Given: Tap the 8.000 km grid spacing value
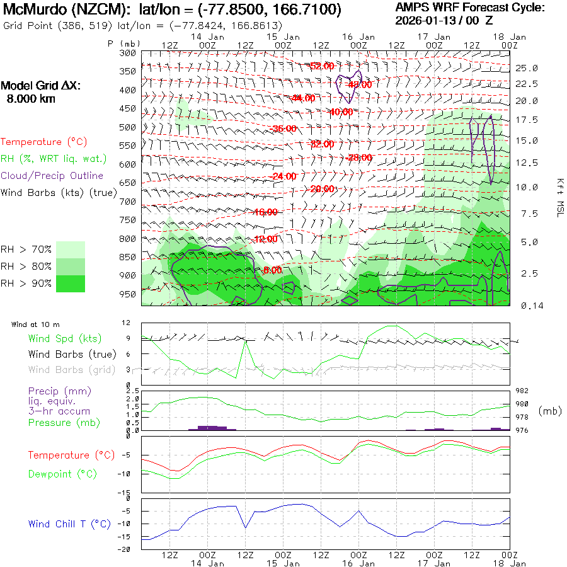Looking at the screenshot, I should (x=31, y=99).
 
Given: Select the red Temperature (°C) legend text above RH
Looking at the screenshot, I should (x=40, y=142).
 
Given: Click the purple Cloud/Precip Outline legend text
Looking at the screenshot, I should (x=52, y=176).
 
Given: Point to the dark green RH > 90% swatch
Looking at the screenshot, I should (x=71, y=283).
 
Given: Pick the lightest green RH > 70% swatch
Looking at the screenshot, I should (x=71, y=249).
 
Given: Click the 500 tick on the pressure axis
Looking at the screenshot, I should (x=128, y=127).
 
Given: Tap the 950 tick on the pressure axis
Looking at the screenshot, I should (x=128, y=294).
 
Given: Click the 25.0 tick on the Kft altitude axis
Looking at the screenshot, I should (x=527, y=68).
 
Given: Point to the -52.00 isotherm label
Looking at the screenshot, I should (x=321, y=66).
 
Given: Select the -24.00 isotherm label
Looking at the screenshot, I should (x=283, y=176).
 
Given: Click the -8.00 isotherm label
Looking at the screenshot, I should (x=272, y=270).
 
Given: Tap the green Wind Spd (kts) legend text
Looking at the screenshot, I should (x=64, y=339).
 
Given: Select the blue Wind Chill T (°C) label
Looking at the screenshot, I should (x=69, y=524).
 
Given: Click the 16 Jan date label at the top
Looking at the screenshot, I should (x=358, y=37).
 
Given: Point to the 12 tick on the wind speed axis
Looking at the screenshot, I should (x=126, y=323).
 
